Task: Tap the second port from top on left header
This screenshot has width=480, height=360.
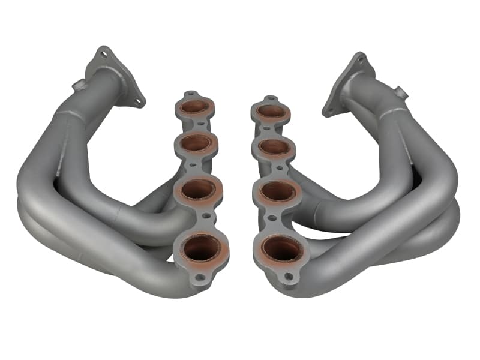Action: (196, 143)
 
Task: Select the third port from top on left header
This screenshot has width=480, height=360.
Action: (198, 190)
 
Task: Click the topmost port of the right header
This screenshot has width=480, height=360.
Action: (272, 112)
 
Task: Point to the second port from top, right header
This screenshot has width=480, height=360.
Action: (275, 146)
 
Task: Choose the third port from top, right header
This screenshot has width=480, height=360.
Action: (278, 192)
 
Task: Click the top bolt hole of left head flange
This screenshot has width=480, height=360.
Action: (191, 94)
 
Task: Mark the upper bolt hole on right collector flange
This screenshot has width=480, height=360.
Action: (361, 58)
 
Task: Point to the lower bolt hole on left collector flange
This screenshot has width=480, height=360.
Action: (137, 101)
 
